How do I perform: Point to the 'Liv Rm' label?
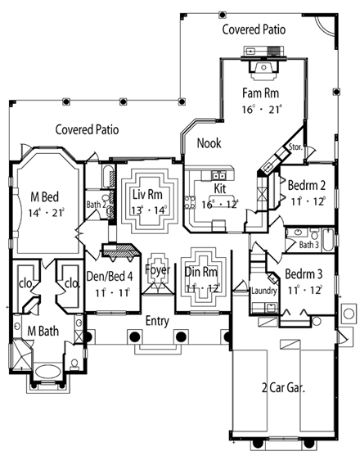tap(149, 195)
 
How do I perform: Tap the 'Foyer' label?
tap(157, 269)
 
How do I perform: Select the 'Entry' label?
tap(157, 320)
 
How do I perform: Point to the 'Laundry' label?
tap(263, 290)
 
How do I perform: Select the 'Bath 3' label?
tap(308, 244)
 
